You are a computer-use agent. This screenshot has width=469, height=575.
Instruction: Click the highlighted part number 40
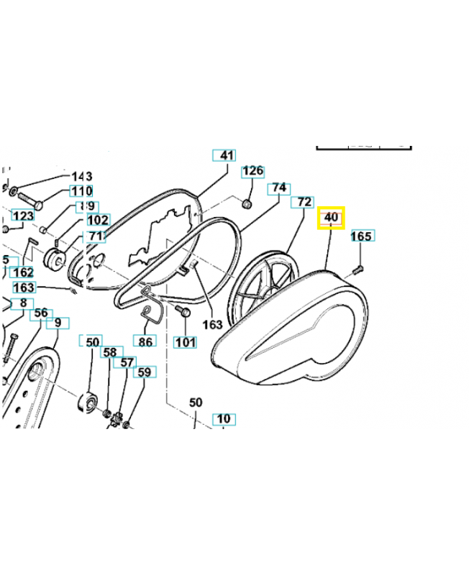pyautogui.click(x=332, y=217)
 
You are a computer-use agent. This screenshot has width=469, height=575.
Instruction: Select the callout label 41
pyautogui.click(x=227, y=155)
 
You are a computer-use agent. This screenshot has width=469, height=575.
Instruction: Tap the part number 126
pyautogui.click(x=252, y=171)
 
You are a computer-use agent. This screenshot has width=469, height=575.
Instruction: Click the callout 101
pyautogui.click(x=186, y=342)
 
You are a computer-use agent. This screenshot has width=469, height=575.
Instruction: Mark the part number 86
pyautogui.click(x=145, y=341)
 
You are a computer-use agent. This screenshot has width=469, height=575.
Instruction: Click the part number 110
pyautogui.click(x=81, y=191)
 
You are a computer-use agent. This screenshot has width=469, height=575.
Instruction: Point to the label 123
pyautogui.click(x=23, y=216)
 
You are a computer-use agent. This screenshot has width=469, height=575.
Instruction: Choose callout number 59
pyautogui.click(x=145, y=372)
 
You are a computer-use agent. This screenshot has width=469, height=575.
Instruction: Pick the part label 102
pyautogui.click(x=97, y=220)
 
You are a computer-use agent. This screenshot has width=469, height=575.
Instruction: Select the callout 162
pyautogui.click(x=23, y=272)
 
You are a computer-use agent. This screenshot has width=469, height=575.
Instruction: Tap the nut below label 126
pyautogui.click(x=247, y=204)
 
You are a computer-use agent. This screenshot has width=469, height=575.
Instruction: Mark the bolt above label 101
pyautogui.click(x=181, y=311)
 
